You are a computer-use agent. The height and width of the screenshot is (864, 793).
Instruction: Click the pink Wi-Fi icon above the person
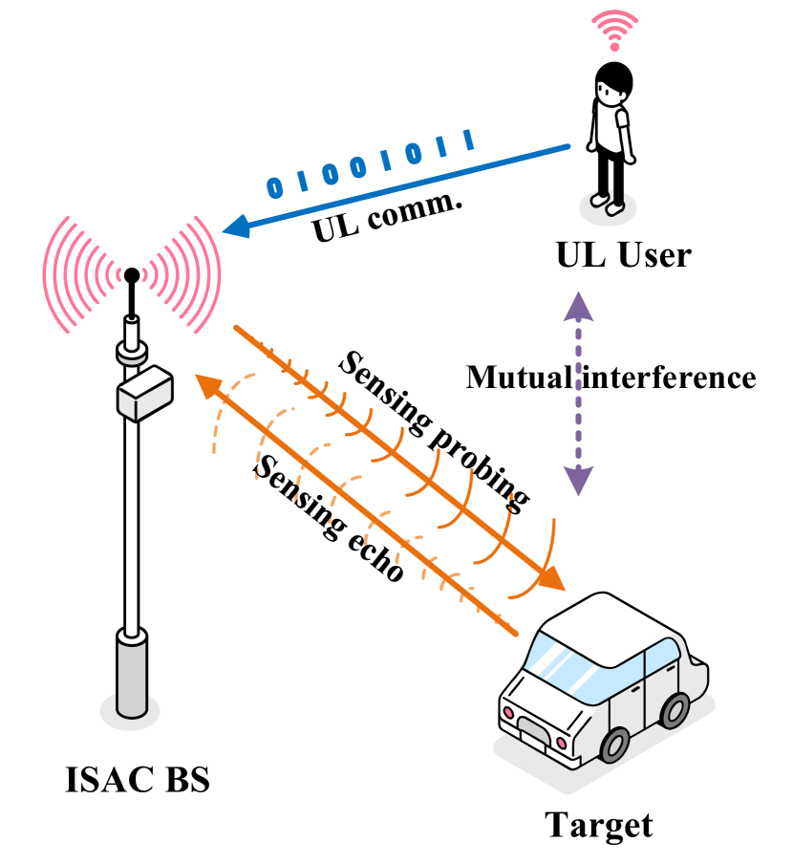coord(614,29)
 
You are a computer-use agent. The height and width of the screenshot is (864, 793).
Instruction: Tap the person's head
coord(610,94)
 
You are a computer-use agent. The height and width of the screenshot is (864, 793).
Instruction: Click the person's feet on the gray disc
coord(607,202)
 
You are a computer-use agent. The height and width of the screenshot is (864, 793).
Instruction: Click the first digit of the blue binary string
coord(275,187)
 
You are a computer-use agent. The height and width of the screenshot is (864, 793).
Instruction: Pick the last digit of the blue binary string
coord(468,140)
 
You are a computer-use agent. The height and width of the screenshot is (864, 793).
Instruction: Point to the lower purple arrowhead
coord(578,481)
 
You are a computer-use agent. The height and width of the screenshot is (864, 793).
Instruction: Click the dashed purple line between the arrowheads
coord(578,394)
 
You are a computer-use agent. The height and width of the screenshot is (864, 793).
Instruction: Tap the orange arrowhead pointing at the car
coord(553,580)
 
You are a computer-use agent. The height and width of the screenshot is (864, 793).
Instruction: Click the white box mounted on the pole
coord(144,394)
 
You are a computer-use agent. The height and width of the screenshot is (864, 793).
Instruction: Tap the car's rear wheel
coord(675,710)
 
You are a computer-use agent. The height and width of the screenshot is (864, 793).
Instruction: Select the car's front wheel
coord(613,745)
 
